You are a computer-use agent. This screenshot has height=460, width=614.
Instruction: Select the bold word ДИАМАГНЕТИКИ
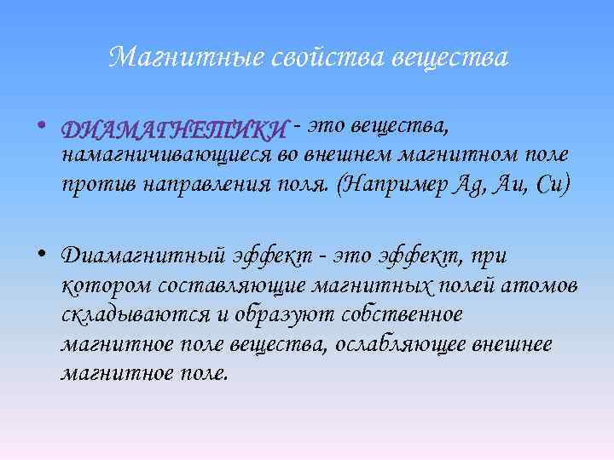(174, 130)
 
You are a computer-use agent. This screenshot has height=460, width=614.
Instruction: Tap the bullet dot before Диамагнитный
(43, 253)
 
